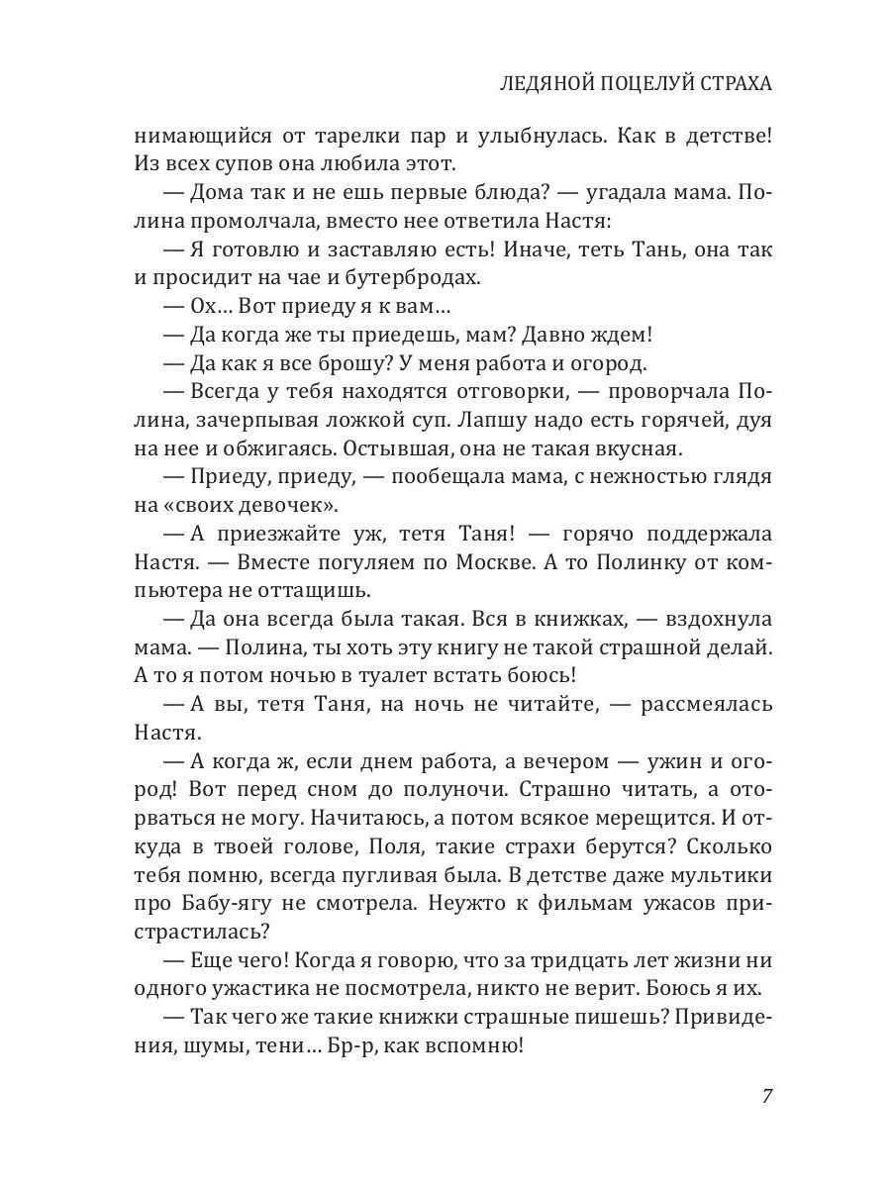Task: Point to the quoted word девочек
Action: point(287,506)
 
